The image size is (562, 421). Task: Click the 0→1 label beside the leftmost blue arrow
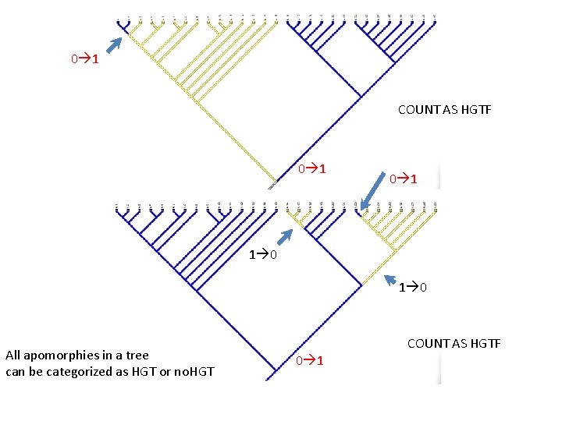[x=84, y=59]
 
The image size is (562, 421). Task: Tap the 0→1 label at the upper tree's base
[x=311, y=169]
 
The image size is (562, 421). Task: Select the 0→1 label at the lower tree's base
[x=311, y=360]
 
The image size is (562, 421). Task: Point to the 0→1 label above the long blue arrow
[x=404, y=179]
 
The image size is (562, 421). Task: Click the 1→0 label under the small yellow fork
[x=261, y=254]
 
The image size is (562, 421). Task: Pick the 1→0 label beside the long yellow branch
[x=412, y=288]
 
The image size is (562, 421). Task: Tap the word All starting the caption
[x=12, y=355]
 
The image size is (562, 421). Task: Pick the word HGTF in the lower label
[x=485, y=344]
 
